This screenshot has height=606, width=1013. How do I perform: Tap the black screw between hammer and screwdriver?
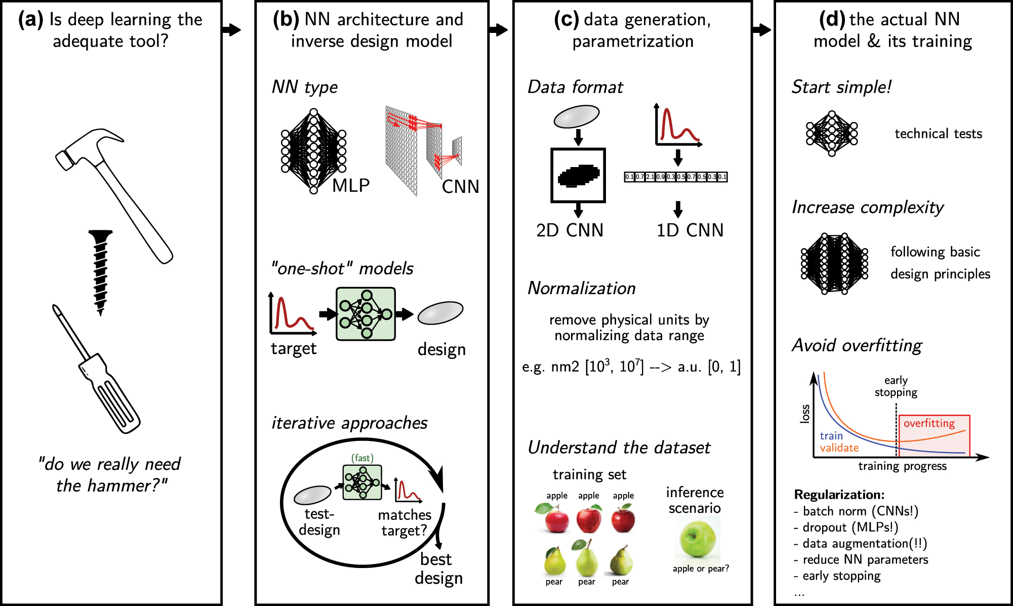click(100, 271)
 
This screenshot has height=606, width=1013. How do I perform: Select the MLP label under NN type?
click(351, 185)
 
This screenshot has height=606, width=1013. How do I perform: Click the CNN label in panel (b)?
click(460, 187)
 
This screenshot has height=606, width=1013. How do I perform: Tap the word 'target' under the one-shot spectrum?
click(294, 349)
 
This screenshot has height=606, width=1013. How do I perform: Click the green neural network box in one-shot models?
click(366, 314)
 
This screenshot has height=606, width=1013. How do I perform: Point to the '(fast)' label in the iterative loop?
click(362, 458)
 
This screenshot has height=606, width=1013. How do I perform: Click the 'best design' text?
click(438, 568)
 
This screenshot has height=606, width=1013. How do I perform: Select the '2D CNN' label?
click(570, 230)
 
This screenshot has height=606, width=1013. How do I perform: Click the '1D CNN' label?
click(690, 230)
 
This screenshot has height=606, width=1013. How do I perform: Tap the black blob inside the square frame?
click(579, 176)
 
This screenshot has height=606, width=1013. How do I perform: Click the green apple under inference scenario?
click(698, 539)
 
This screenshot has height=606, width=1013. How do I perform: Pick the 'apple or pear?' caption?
click(701, 569)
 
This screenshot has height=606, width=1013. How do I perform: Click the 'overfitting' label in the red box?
click(929, 423)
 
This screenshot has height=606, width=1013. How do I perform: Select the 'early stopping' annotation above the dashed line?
click(896, 386)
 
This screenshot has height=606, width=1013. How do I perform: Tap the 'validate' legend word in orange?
click(839, 448)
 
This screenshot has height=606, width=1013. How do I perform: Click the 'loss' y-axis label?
click(805, 414)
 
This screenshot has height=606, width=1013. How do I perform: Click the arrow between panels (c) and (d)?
click(762, 30)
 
